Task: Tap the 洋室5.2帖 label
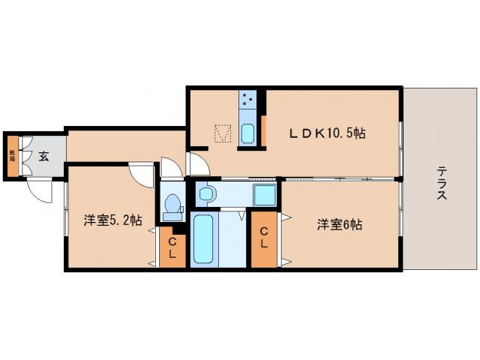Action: coord(112,220)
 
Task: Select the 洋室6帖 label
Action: coord(338,223)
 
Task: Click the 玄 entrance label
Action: coord(43,157)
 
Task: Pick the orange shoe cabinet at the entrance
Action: coord(12,156)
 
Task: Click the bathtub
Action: coord(203,238)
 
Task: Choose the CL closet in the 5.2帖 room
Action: coord(172,247)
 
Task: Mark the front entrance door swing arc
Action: coord(39,192)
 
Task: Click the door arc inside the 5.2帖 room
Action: coord(140,174)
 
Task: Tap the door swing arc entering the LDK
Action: coord(197,163)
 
